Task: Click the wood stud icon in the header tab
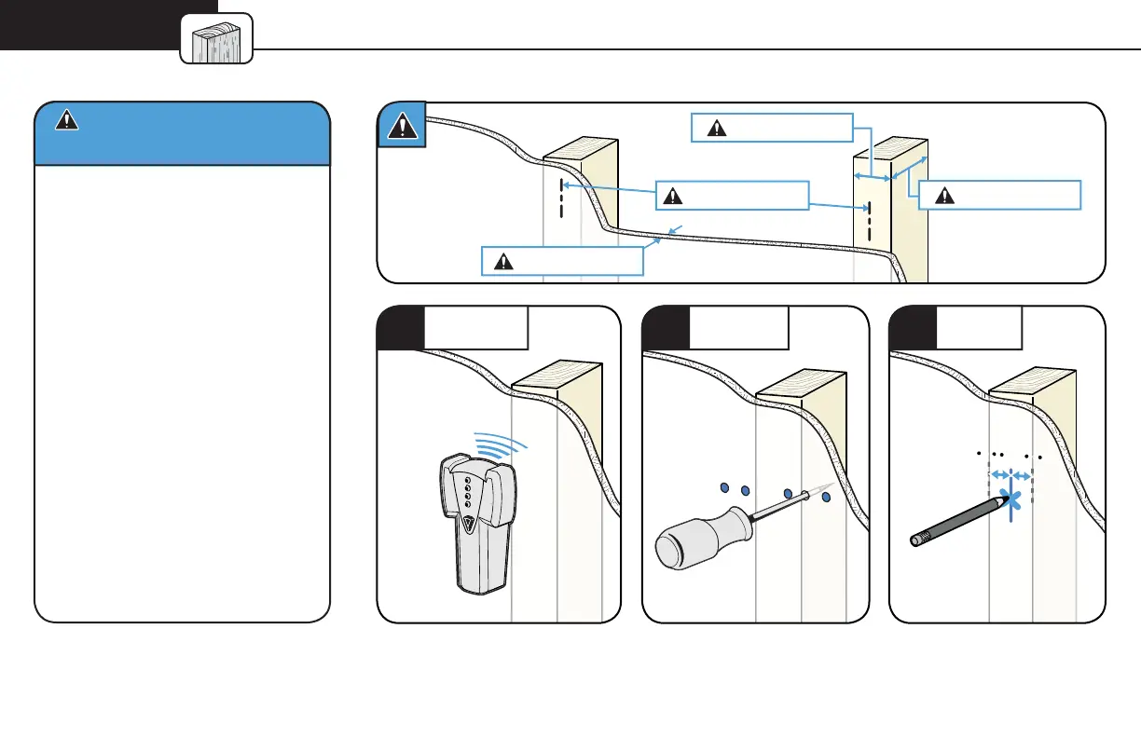click(x=217, y=39)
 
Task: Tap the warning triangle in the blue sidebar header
click(x=65, y=119)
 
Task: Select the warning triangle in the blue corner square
click(x=401, y=126)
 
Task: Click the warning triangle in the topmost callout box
click(x=716, y=129)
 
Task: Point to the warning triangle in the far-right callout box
click(x=943, y=196)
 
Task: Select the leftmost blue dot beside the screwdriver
click(x=723, y=488)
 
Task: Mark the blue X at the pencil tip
click(x=1011, y=502)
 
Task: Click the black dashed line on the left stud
click(x=561, y=198)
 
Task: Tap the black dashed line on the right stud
click(x=869, y=220)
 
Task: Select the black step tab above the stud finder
click(x=400, y=328)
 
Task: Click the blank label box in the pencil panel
click(x=979, y=328)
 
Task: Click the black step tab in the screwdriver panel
click(x=667, y=328)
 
